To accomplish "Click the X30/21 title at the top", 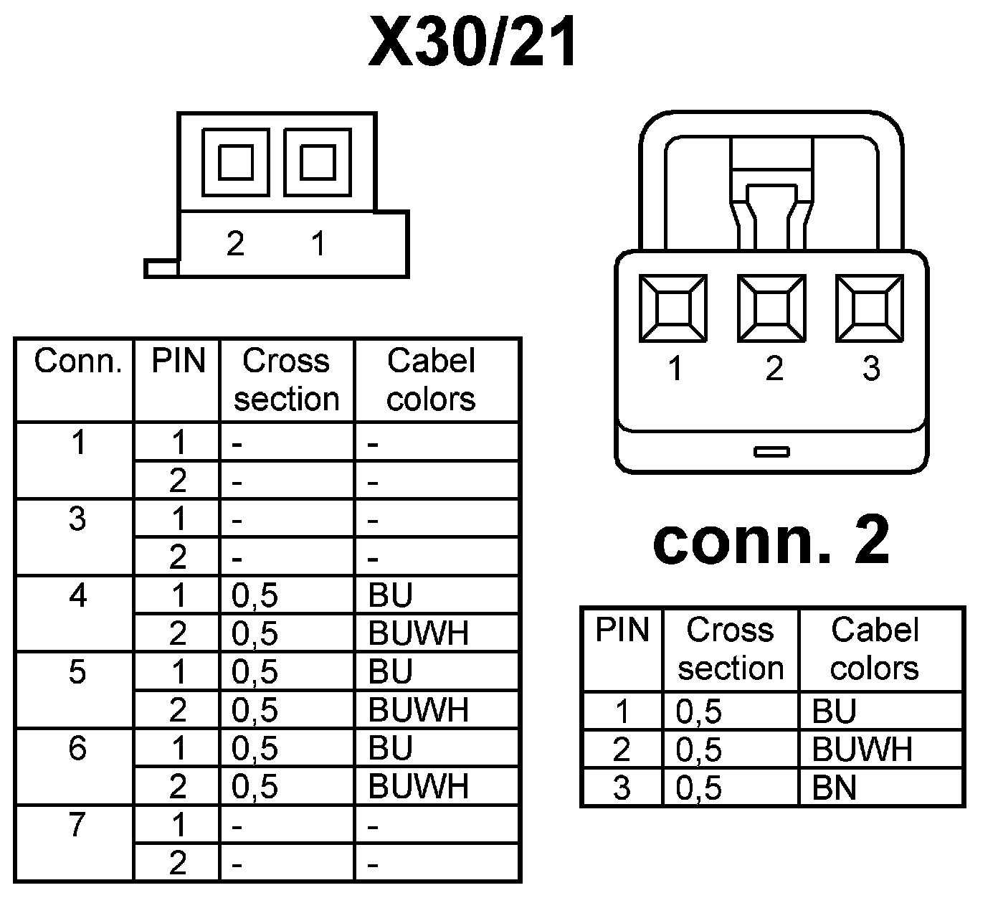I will [x=473, y=43].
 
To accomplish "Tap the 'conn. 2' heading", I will [x=771, y=541].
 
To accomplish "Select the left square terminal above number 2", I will [x=236, y=162].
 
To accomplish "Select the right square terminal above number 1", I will [x=318, y=162].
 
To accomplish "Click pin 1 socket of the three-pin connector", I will [x=673, y=308].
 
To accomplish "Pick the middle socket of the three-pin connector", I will [x=771, y=308].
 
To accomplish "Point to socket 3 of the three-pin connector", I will [x=870, y=308].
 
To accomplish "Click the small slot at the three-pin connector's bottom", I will [x=771, y=451].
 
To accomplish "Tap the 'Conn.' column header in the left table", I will [x=78, y=361].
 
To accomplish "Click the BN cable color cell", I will [x=835, y=788].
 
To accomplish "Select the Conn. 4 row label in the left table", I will [x=77, y=595].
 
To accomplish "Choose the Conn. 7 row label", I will [x=77, y=825].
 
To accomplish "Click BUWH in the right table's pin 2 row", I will [x=862, y=750].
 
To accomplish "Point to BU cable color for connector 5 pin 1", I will [x=391, y=672].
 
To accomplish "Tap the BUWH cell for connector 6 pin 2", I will [x=418, y=787].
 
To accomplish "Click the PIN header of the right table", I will [x=622, y=630].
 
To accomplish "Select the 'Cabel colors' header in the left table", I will [x=431, y=379].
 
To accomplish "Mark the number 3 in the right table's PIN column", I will [x=622, y=788].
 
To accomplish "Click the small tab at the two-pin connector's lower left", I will [x=161, y=268].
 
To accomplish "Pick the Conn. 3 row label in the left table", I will [x=77, y=519].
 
